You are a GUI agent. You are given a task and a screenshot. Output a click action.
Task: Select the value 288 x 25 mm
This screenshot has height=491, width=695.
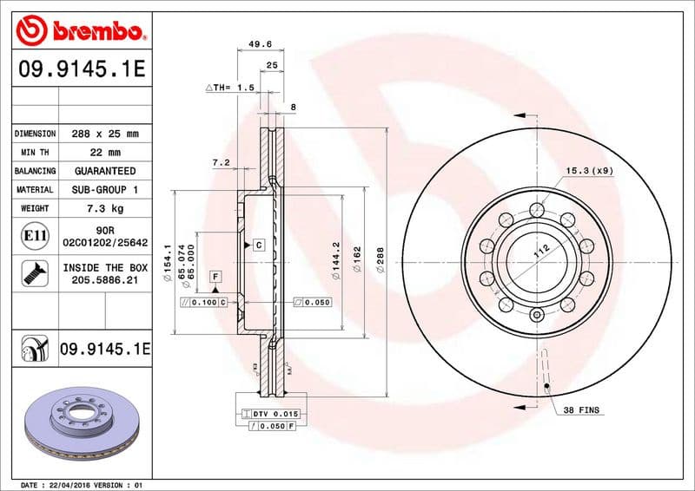click(104, 134)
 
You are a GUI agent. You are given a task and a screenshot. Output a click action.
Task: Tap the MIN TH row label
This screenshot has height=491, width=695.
click(36, 153)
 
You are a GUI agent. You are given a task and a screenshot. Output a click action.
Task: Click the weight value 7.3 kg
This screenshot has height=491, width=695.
click(104, 208)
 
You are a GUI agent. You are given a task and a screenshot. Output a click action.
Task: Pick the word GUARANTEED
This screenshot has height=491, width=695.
click(104, 171)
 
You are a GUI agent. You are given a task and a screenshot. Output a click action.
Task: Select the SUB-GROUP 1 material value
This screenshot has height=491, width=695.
click(104, 189)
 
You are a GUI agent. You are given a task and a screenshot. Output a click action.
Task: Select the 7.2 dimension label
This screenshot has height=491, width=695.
click(221, 161)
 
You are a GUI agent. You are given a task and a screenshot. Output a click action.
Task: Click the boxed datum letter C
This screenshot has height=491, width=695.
click(258, 245)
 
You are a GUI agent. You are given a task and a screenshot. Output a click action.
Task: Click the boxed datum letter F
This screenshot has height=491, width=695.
click(215, 275)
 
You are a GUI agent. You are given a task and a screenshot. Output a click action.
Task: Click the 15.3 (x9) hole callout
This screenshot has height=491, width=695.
click(590, 171)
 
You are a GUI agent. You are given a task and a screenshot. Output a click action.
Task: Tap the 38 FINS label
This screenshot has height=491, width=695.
click(580, 409)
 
